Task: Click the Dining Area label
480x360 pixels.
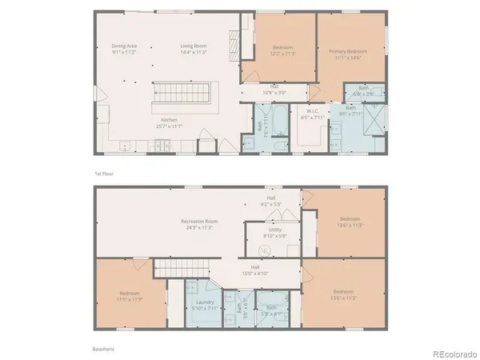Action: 124,49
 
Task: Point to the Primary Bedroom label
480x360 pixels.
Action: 346,54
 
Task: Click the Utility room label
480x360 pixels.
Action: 274,232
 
